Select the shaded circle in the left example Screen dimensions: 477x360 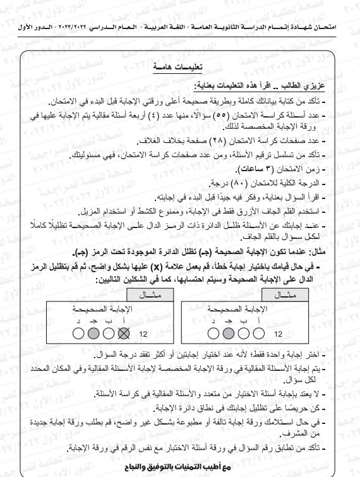click(x=93, y=334)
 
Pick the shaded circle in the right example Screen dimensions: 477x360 click(x=241, y=334)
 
